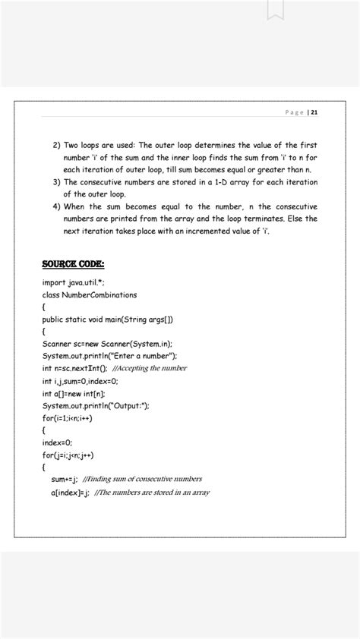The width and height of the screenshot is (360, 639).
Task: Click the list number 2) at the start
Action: point(55,145)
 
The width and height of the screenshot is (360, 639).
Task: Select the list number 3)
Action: point(55,182)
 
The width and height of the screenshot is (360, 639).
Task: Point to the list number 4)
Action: point(55,206)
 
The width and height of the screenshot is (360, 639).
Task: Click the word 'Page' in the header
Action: point(294,112)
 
